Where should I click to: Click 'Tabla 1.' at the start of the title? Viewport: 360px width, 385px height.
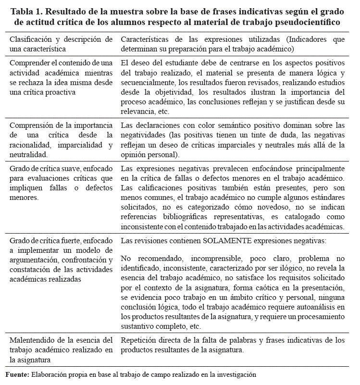(x=26, y=12)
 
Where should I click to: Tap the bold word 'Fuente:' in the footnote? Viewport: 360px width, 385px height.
(x=17, y=374)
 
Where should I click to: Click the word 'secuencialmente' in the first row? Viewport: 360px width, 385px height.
(x=148, y=83)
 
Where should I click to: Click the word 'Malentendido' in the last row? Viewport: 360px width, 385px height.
(x=33, y=340)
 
